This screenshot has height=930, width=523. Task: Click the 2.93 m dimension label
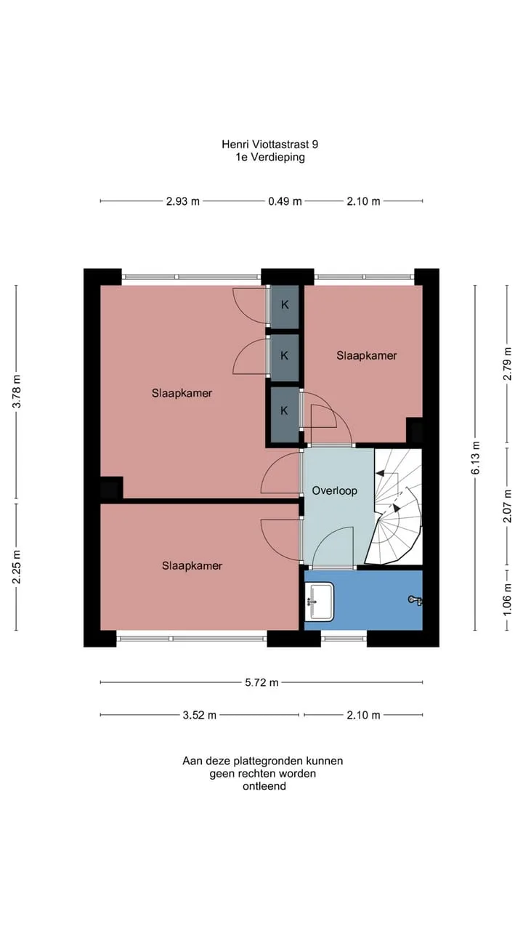click(x=182, y=201)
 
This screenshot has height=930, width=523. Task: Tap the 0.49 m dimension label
click(x=285, y=201)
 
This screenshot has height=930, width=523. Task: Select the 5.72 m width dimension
click(x=261, y=682)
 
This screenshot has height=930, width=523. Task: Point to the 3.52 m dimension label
click(x=199, y=715)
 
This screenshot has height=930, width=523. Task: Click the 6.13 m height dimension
click(x=475, y=458)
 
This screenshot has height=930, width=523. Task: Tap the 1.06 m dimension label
click(x=507, y=600)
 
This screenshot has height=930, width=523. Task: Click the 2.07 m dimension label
click(x=507, y=506)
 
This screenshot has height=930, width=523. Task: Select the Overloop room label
click(x=335, y=490)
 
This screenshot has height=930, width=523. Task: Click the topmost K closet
click(x=285, y=304)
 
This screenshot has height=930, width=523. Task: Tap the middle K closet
click(x=284, y=356)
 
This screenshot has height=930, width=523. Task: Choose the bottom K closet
click(x=284, y=411)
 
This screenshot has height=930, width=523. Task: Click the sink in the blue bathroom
click(x=319, y=602)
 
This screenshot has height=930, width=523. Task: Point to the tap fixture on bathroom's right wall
click(x=415, y=600)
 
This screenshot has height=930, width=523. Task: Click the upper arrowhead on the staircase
click(x=380, y=473)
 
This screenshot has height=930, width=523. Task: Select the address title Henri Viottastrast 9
click(x=269, y=144)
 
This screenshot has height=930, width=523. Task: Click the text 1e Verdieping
click(x=270, y=157)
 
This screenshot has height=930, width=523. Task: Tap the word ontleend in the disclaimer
click(x=264, y=786)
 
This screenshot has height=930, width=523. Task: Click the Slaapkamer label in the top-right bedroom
click(x=367, y=355)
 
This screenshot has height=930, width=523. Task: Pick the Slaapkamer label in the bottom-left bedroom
click(x=192, y=565)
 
